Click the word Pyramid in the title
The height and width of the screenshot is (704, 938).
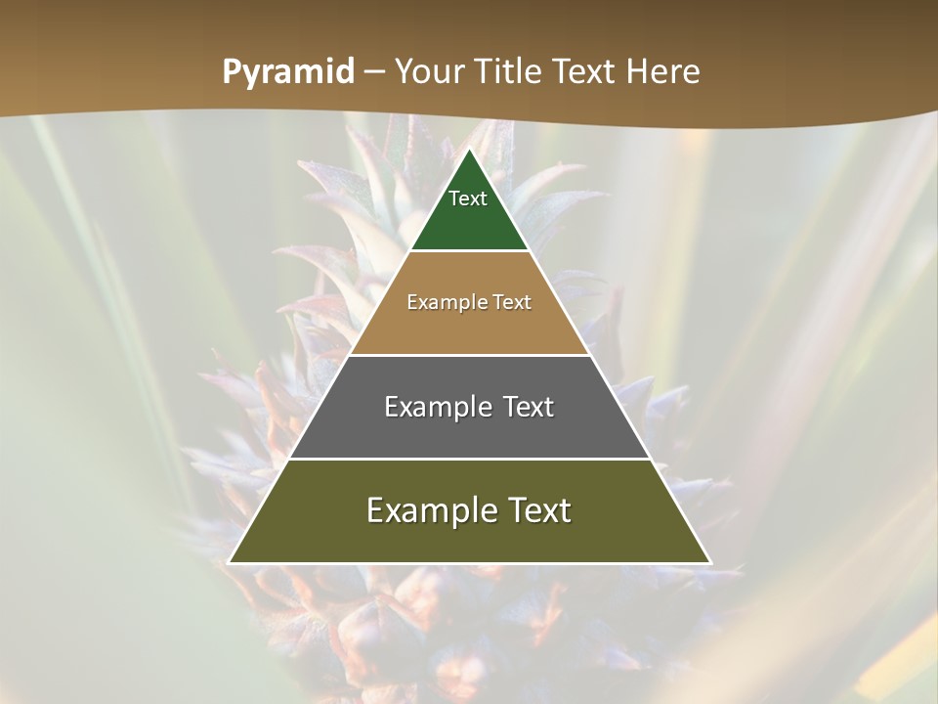pos(287,72)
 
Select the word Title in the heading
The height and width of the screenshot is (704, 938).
pos(511,72)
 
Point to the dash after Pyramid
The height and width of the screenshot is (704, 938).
pos(374,73)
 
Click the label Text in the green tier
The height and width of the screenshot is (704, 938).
pos(468,198)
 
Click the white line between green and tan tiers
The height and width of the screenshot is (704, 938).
pos(469,251)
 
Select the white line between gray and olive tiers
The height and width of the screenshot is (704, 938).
pos(469,459)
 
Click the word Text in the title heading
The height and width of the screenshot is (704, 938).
pos(585,72)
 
